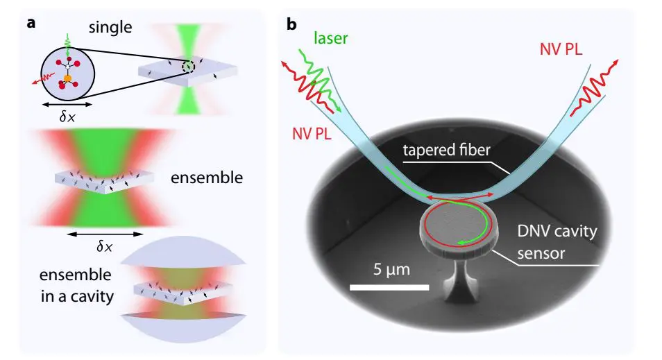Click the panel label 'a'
[x=31, y=22]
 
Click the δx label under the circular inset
[x=67, y=117]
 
